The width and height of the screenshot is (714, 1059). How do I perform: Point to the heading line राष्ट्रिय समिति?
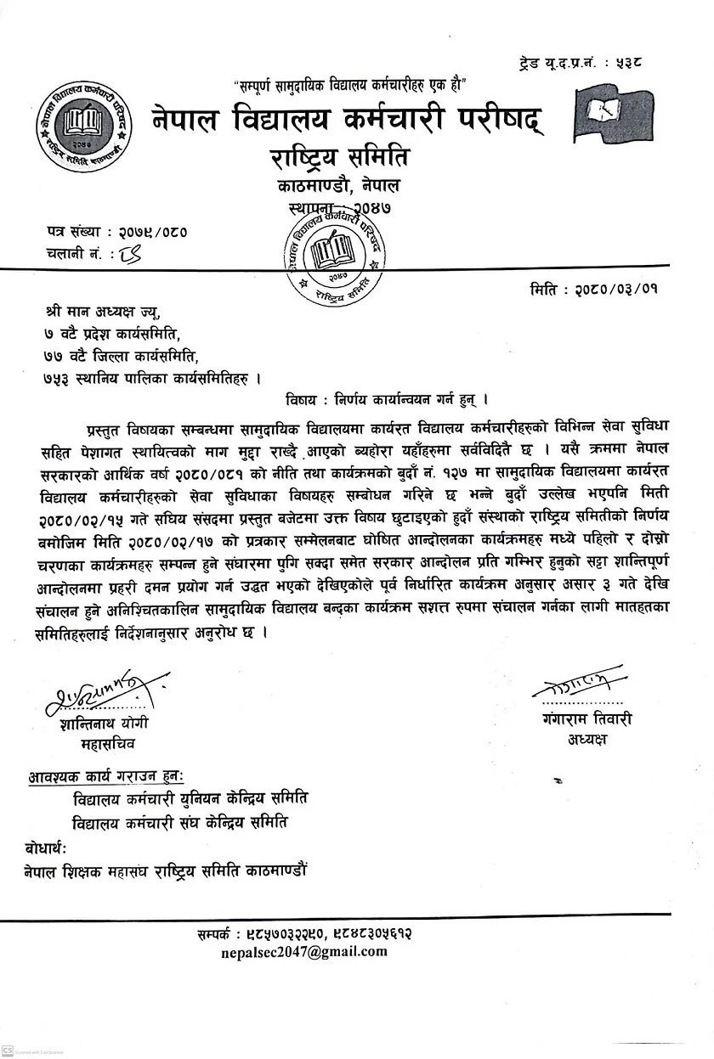337,156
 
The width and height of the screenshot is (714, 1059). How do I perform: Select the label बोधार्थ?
40,848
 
